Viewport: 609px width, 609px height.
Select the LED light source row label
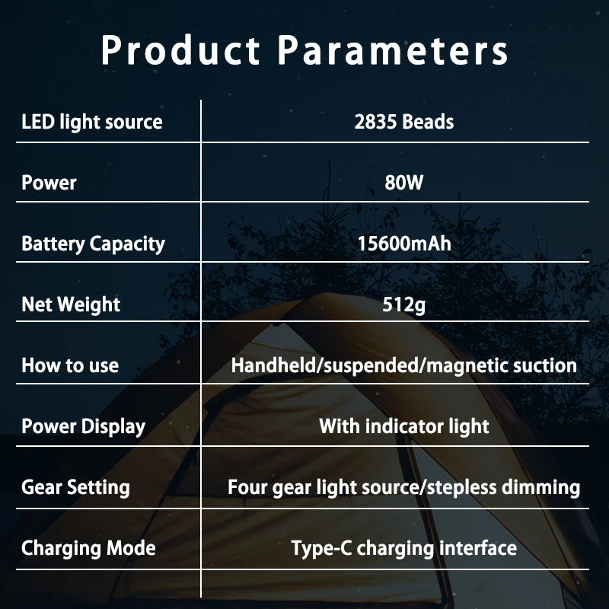coord(92,122)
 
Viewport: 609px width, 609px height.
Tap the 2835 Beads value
coord(403,122)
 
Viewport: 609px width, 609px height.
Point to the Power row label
coord(49,183)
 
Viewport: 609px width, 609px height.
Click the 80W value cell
coord(403,183)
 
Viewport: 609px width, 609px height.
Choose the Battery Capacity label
coord(93,244)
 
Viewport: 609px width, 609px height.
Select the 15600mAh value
coord(403,244)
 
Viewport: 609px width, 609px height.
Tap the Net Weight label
coord(71,304)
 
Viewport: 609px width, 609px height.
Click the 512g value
coord(403,304)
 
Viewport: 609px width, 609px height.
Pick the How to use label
coord(70,365)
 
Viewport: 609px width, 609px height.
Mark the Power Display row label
coord(83,426)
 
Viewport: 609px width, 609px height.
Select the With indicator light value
coord(403,426)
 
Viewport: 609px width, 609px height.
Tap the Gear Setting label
coord(75,487)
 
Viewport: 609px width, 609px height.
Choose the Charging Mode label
coord(88,548)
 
